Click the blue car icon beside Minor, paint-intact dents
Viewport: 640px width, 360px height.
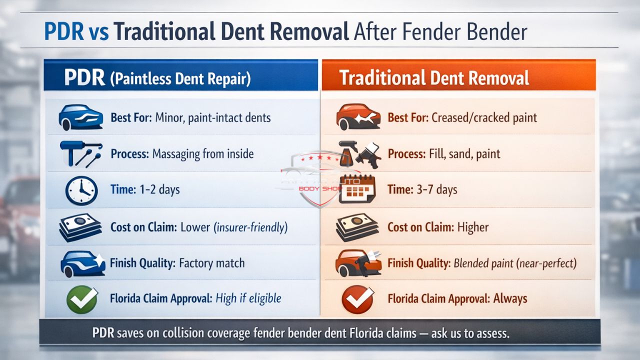point(80,118)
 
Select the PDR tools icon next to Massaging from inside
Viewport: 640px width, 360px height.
point(80,153)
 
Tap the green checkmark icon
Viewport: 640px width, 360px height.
point(82,299)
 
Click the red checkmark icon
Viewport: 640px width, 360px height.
point(357,299)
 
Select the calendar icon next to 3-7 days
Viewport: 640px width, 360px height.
point(357,190)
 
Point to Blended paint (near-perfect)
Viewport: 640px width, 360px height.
point(515,263)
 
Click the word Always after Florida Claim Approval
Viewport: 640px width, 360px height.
point(510,299)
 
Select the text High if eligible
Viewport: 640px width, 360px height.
point(248,299)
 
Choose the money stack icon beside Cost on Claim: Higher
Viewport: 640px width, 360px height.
point(357,227)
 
